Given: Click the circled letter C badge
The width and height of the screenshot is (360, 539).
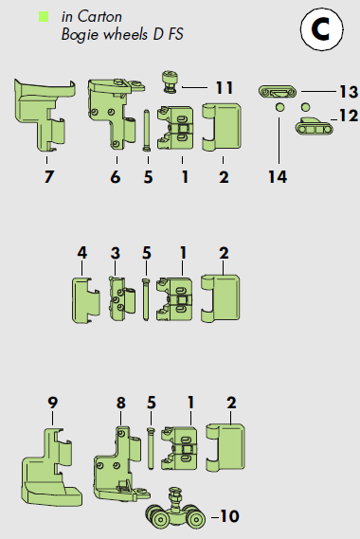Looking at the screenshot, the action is click(x=321, y=28).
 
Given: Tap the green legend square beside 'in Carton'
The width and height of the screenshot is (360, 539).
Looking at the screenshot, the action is click(x=44, y=17).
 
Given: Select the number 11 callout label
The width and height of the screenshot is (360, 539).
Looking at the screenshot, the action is click(x=225, y=88).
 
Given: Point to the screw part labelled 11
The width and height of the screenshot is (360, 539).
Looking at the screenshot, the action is click(x=170, y=81).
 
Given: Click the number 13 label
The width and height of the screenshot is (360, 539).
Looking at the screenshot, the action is click(x=349, y=92).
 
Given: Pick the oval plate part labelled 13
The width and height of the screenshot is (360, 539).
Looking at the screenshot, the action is click(x=278, y=92).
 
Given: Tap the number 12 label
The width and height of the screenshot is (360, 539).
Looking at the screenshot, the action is click(x=349, y=116).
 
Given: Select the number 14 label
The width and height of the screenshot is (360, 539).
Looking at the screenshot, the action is click(x=278, y=177).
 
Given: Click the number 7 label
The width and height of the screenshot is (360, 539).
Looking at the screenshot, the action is click(x=49, y=177).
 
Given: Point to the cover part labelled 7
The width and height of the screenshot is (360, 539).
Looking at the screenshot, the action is click(x=45, y=116).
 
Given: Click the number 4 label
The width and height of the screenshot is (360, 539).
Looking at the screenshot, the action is click(x=81, y=253).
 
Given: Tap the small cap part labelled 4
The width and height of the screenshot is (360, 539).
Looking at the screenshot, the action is click(x=86, y=300).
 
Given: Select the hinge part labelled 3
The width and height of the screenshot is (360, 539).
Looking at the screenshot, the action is click(x=122, y=298).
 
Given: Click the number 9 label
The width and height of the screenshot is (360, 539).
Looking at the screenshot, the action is click(x=52, y=403).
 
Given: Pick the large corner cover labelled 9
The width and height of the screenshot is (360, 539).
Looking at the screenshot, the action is click(x=51, y=468).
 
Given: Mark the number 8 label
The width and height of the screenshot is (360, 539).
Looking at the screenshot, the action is click(x=120, y=403).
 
